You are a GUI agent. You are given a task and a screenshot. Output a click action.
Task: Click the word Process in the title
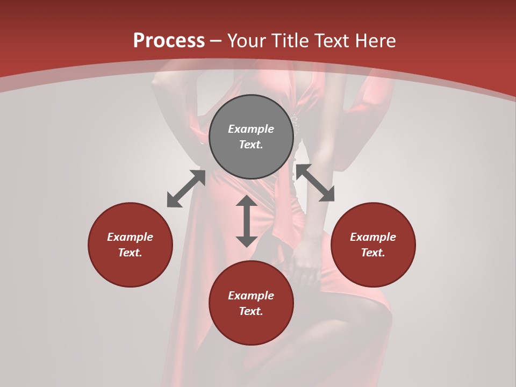click(x=169, y=40)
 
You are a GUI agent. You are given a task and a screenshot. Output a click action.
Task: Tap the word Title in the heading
click(x=291, y=40)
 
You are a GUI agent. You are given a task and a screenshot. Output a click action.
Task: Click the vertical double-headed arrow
click(x=247, y=221)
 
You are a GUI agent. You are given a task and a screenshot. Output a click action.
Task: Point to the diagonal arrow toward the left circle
click(x=186, y=189)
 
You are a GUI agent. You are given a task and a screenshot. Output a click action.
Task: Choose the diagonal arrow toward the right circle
click(x=315, y=183)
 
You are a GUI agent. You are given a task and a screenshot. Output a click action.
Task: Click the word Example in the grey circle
click(x=251, y=129)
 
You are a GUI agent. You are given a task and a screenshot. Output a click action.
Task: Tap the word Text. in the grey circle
click(x=251, y=145)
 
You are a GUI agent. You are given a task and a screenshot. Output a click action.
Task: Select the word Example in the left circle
click(x=130, y=237)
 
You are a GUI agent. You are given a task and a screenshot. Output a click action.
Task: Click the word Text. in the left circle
click(x=130, y=253)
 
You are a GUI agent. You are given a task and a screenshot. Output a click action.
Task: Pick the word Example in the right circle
click(x=373, y=237)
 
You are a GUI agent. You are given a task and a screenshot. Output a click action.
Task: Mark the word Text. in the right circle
click(x=373, y=253)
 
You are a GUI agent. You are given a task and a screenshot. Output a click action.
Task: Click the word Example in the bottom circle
click(x=251, y=296)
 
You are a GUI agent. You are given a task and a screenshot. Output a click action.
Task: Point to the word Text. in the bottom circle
click(x=251, y=311)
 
